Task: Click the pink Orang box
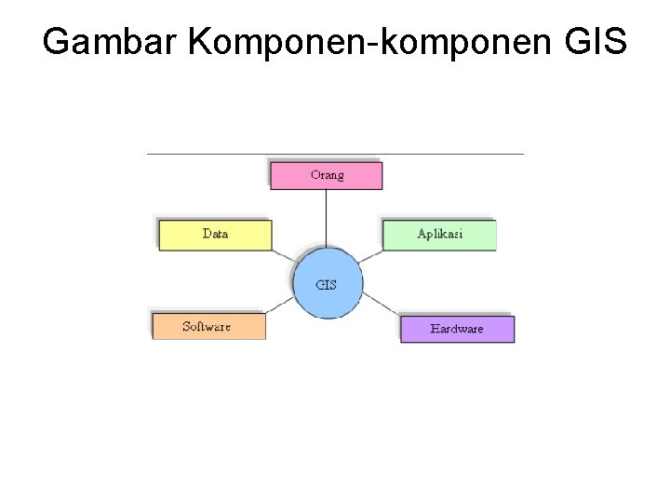pyautogui.click(x=327, y=175)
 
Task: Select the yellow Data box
pyautogui.click(x=215, y=235)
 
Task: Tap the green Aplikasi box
pyautogui.click(x=440, y=235)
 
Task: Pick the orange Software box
pyautogui.click(x=209, y=326)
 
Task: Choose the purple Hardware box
pyautogui.click(x=457, y=329)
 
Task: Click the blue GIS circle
pyautogui.click(x=327, y=284)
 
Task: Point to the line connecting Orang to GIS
pyautogui.click(x=327, y=219)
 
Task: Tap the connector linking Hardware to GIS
pyautogui.click(x=382, y=306)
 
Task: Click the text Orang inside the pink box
pyautogui.click(x=327, y=175)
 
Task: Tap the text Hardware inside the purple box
pyautogui.click(x=457, y=329)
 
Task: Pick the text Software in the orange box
pyautogui.click(x=207, y=326)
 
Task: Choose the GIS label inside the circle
pyautogui.click(x=327, y=284)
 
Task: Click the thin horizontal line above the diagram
pyautogui.click(x=335, y=154)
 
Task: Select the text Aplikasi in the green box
pyautogui.click(x=440, y=235)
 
